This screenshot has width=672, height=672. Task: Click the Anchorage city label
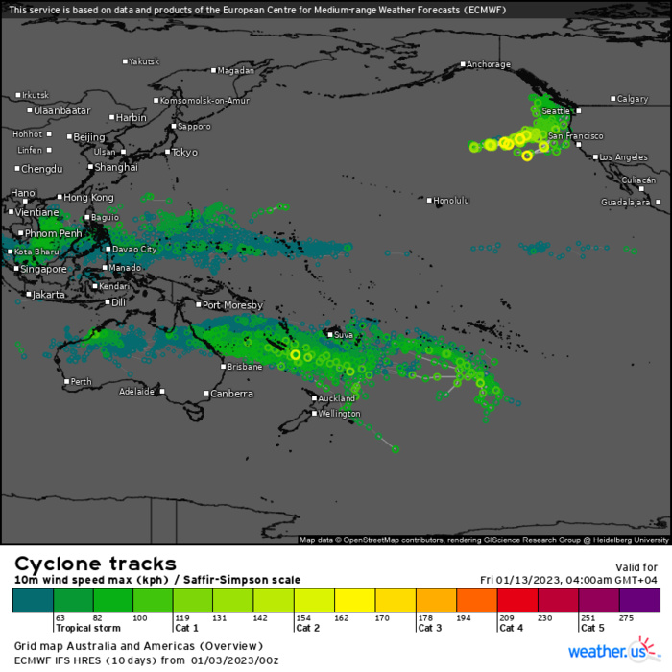coord(489,65)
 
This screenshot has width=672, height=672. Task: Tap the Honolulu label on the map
coord(451,201)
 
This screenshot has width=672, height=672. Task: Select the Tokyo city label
coord(184,153)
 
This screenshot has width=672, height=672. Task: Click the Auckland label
coord(337,398)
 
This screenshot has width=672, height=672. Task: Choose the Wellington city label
coord(341,414)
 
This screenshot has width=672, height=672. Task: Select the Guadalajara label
coord(627,203)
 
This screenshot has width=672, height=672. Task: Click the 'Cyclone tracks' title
coord(94,564)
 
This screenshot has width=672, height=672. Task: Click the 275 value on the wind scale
coord(628,618)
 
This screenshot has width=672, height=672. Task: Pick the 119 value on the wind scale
coord(180,618)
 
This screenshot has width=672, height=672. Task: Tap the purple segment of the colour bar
coord(640,601)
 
